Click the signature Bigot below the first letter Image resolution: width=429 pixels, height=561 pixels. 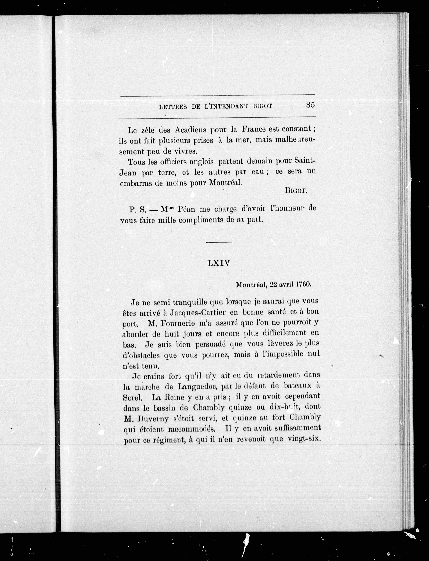click(296, 191)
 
